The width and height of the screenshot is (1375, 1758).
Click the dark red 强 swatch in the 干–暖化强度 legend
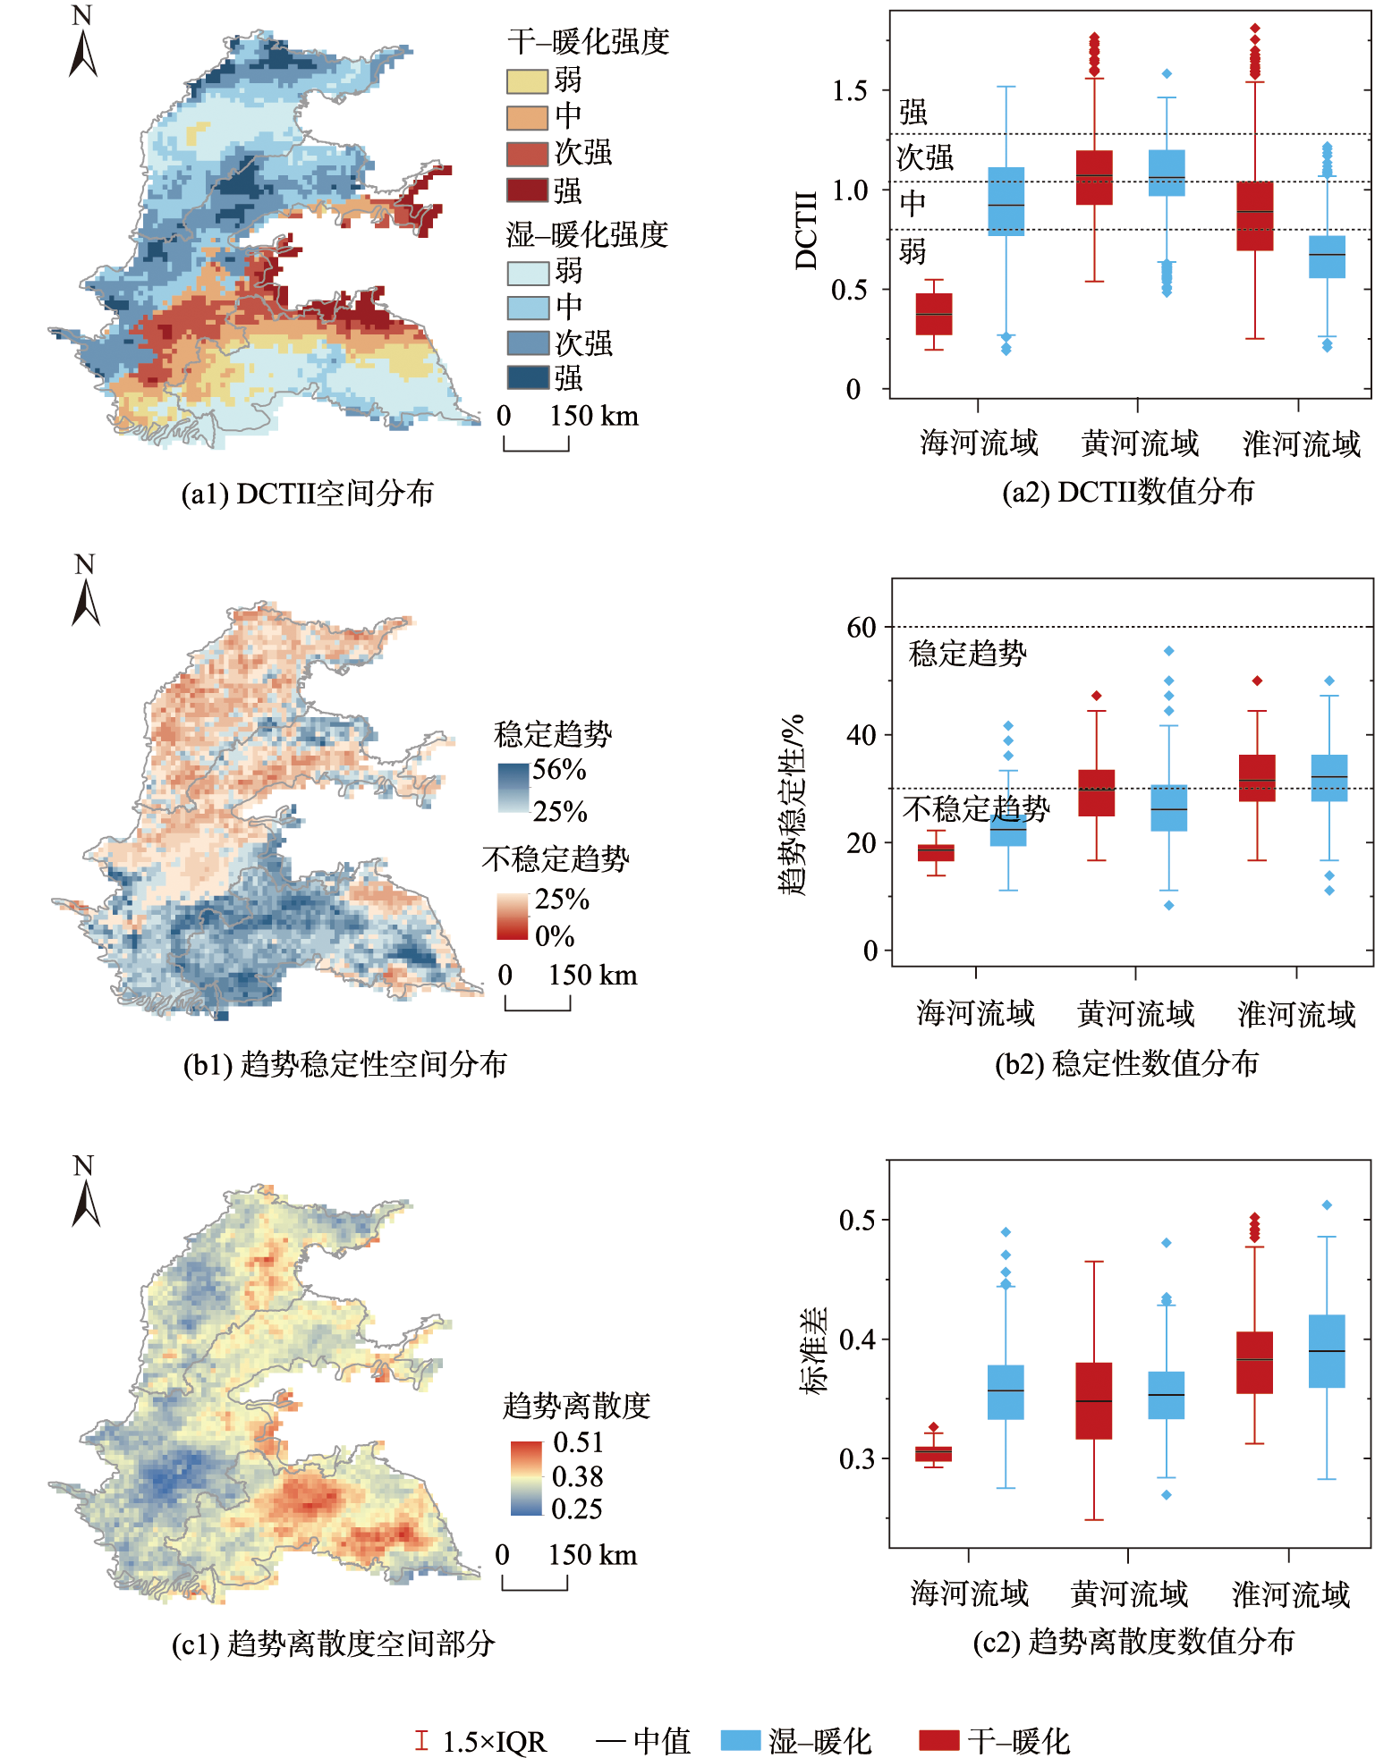click(527, 190)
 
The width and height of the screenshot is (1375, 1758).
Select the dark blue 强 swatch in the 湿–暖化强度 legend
click(527, 377)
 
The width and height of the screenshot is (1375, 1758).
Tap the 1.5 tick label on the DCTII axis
click(849, 90)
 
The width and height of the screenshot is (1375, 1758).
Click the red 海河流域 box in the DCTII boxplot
click(934, 314)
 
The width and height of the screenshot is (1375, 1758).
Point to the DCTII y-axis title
click(807, 230)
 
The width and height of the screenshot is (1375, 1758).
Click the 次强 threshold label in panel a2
click(925, 158)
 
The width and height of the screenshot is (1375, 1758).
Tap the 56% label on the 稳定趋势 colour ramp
click(559, 770)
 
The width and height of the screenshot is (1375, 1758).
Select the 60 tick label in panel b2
click(861, 628)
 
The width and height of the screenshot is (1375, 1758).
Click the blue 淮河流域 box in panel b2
click(1329, 777)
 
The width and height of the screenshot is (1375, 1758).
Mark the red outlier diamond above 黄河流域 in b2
click(1097, 696)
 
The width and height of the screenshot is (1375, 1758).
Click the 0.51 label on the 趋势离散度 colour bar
click(578, 1442)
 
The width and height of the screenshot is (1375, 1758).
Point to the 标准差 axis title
click(813, 1351)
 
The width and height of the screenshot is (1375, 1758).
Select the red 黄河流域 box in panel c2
click(1094, 1400)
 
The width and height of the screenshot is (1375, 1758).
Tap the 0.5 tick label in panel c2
click(857, 1220)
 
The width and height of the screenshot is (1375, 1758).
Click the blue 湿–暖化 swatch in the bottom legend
click(741, 1740)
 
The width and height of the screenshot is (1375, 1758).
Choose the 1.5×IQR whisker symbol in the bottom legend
click(421, 1740)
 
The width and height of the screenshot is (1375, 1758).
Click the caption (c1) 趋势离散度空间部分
click(333, 1644)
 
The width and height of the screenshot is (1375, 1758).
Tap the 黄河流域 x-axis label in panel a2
click(1140, 444)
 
